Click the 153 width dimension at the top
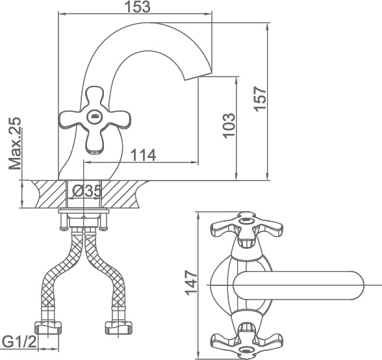point(138,7)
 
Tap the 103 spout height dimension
point(229,125)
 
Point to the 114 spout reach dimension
point(143,155)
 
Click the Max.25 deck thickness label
point(14,144)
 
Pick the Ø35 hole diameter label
point(87,191)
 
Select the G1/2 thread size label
point(19,342)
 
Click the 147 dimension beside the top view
point(191,283)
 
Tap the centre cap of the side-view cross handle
point(95,116)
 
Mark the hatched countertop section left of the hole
point(49,194)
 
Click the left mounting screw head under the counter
point(64,228)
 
